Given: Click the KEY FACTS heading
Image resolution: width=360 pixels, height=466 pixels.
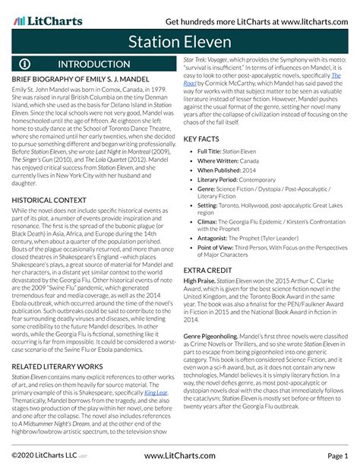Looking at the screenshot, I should pyautogui.click(x=205, y=140).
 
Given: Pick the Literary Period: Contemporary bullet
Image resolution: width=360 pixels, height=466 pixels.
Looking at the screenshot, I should pyautogui.click(x=250, y=182).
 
